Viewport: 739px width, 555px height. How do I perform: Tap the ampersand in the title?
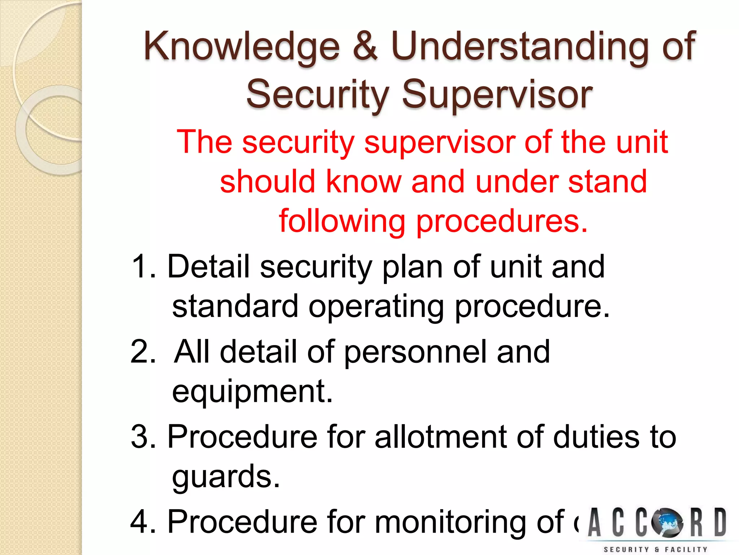tap(365, 46)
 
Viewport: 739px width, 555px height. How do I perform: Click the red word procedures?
tap(502, 221)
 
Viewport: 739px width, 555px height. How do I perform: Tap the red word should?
tap(268, 181)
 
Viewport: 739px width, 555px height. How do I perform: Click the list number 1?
tap(143, 267)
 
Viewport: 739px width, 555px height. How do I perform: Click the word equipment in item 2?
tap(252, 392)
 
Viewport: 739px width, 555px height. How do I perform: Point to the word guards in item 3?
tap(226, 477)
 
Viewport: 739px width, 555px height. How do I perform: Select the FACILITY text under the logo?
tap(686, 550)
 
